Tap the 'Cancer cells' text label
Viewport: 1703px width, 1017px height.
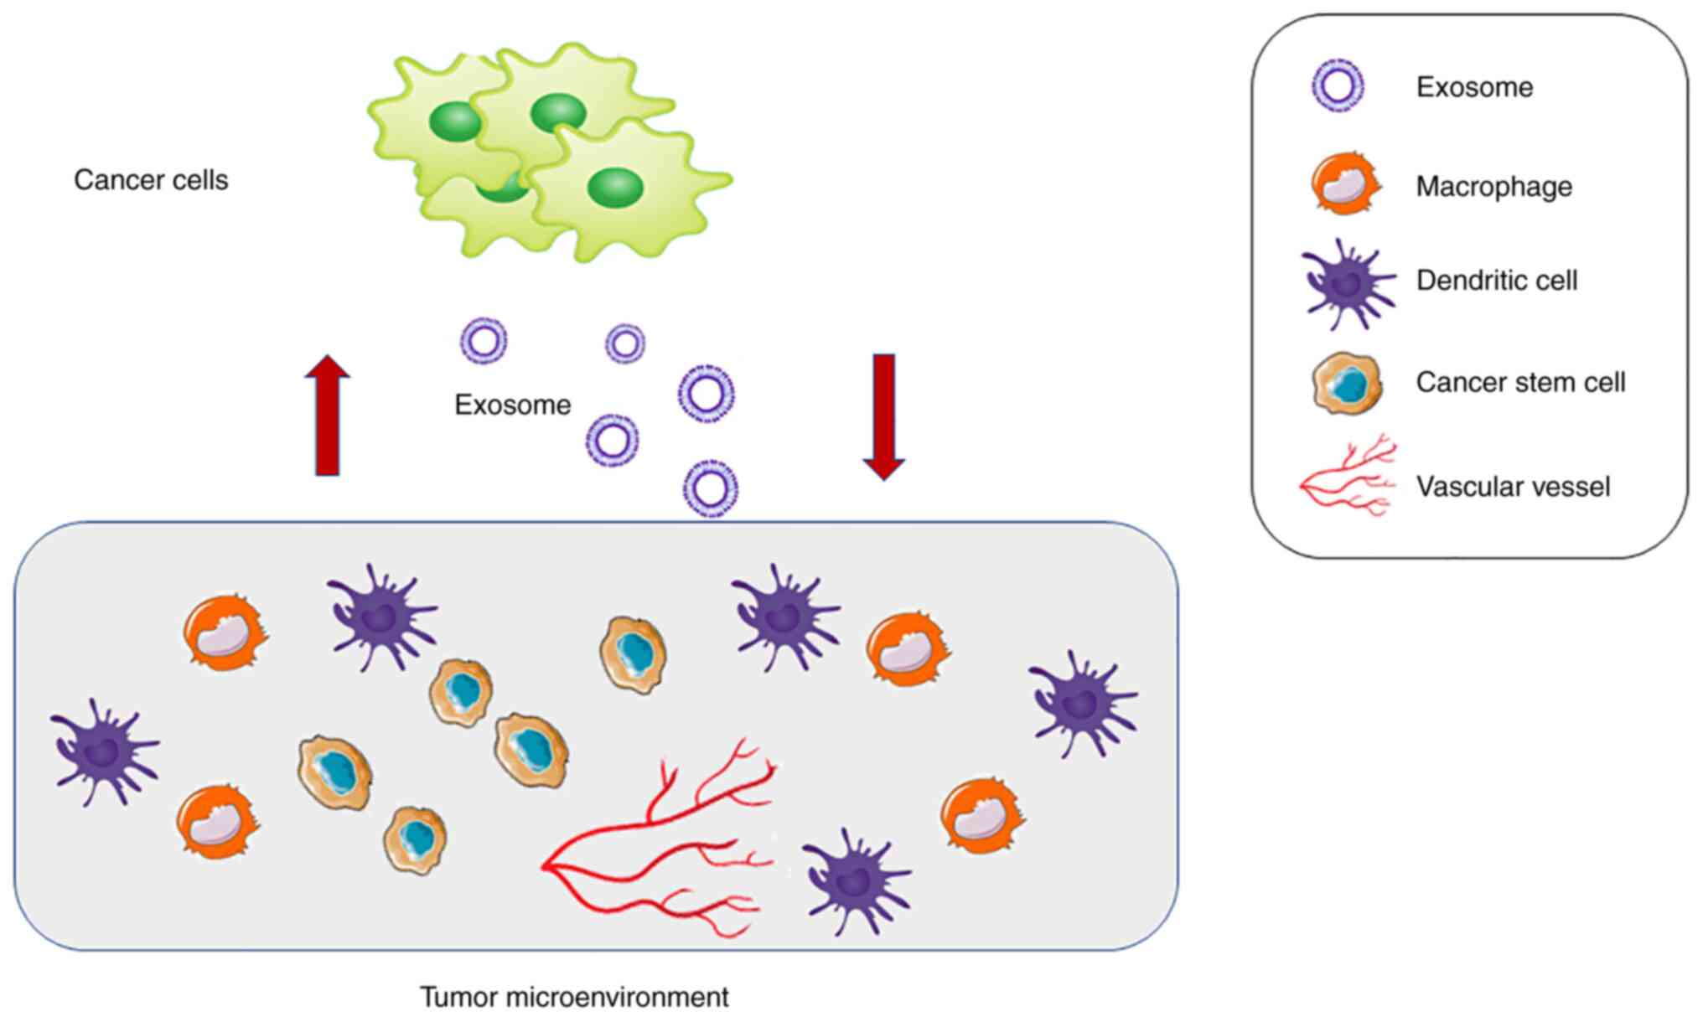[151, 180]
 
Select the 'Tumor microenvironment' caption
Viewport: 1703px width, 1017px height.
[574, 997]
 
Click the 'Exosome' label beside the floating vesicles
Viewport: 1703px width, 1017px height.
[512, 405]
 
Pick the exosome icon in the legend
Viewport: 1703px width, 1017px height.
[1338, 85]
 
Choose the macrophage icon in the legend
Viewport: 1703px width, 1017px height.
[1345, 184]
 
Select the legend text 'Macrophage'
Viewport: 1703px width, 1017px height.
[1493, 186]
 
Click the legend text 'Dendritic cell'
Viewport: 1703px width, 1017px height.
[1496, 281]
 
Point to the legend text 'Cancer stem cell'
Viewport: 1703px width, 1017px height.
[1520, 383]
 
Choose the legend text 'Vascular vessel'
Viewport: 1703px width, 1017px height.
[1513, 487]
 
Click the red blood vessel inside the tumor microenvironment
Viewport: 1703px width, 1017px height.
[654, 846]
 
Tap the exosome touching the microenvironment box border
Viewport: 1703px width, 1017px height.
[711, 488]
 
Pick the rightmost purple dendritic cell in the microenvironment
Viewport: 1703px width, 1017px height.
[1083, 704]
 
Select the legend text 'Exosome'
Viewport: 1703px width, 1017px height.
[1474, 87]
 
